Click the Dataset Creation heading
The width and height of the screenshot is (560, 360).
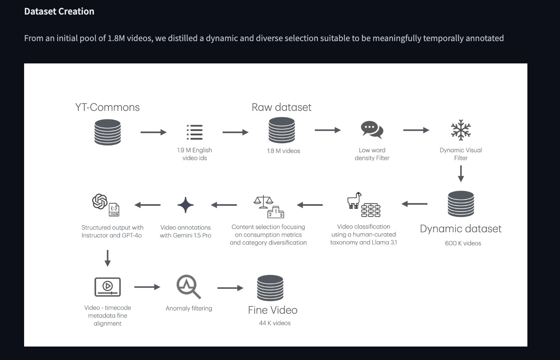(x=59, y=11)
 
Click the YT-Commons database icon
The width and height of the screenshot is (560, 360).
(x=107, y=132)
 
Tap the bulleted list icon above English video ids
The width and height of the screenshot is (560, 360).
(x=195, y=132)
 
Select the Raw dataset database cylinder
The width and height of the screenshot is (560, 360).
(x=281, y=130)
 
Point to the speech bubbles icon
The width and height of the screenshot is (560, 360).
(x=372, y=130)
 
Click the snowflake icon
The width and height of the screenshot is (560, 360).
(x=461, y=130)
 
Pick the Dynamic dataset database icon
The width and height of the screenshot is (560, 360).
(x=461, y=204)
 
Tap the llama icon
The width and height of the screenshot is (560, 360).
(x=354, y=200)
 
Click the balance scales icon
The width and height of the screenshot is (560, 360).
(x=263, y=202)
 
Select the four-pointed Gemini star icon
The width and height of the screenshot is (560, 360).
(x=185, y=205)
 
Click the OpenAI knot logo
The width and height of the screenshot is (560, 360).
(x=100, y=201)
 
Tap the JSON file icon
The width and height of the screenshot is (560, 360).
(x=114, y=209)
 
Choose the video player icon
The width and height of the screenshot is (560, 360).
(x=107, y=287)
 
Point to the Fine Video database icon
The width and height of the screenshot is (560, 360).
(x=270, y=288)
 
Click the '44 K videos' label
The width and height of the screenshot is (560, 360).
(x=275, y=323)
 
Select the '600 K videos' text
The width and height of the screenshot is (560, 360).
(x=463, y=243)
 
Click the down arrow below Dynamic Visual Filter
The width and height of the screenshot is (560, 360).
(x=461, y=174)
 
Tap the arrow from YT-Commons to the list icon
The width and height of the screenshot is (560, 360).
(x=153, y=132)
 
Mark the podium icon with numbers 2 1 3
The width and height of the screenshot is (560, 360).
(x=275, y=212)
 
